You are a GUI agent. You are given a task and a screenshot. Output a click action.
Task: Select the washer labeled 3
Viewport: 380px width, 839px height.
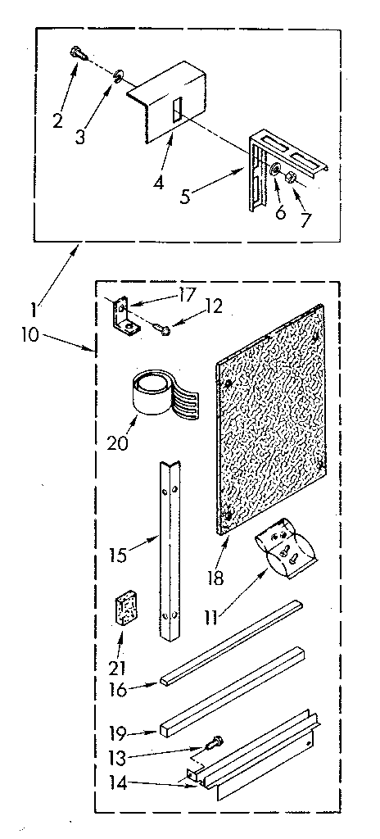120,75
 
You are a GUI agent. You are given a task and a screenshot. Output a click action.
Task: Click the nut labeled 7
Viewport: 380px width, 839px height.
291,178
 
